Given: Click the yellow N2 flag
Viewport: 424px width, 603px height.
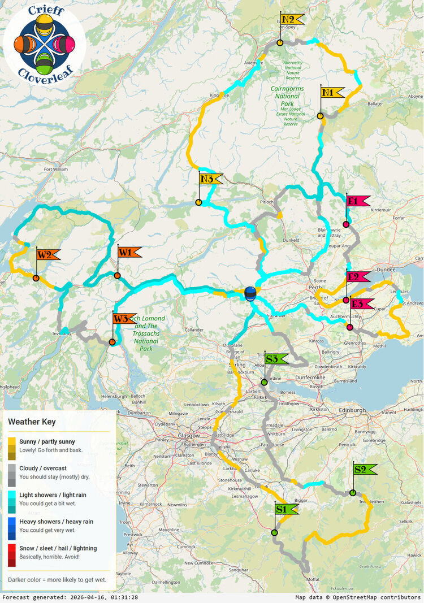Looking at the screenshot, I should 291,20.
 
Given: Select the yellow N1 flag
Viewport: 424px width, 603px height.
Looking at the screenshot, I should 331,93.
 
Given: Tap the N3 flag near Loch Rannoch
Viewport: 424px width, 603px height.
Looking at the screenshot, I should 210,179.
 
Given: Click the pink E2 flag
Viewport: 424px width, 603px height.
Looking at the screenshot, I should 357,277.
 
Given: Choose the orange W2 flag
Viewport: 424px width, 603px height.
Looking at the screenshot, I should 47,255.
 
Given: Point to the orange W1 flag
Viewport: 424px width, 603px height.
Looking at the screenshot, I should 128,252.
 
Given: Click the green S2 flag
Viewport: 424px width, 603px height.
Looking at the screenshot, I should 364,469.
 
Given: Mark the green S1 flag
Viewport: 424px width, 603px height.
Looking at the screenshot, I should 285,510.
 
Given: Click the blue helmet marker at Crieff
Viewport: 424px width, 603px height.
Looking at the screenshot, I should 250,293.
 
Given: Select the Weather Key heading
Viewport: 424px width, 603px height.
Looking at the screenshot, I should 32,422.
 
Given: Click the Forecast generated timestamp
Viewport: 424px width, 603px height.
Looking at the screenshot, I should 70,597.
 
